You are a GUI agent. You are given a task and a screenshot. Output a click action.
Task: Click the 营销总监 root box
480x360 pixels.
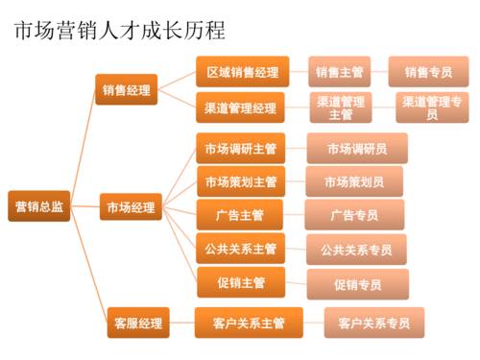[x=39, y=207]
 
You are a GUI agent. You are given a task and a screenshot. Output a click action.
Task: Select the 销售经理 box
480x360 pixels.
[x=128, y=90]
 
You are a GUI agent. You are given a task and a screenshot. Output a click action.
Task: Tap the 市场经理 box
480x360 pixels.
[x=131, y=207]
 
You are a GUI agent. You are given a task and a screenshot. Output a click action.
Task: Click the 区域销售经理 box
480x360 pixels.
[x=242, y=72]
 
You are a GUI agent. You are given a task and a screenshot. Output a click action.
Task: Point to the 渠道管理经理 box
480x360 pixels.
[x=241, y=108]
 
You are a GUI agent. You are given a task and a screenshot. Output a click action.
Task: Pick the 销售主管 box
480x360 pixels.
[x=340, y=72]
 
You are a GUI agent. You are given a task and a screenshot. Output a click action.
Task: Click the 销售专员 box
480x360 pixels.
[x=428, y=72]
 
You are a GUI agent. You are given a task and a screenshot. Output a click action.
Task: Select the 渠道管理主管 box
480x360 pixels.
[x=341, y=108]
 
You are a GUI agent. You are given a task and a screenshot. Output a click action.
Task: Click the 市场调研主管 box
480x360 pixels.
[x=240, y=149]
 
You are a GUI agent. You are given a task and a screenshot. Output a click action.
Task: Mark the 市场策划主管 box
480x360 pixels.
[x=240, y=181]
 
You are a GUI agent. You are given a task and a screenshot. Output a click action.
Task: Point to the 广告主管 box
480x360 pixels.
[x=240, y=214]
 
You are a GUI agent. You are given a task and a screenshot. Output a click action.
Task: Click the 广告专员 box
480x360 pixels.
[x=354, y=215]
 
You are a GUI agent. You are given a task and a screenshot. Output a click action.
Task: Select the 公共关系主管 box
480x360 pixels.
[x=240, y=249]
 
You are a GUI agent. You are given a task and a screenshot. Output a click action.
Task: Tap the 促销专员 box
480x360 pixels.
[x=357, y=284]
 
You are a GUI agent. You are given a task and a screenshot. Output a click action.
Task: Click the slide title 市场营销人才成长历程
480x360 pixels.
[x=119, y=31]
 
